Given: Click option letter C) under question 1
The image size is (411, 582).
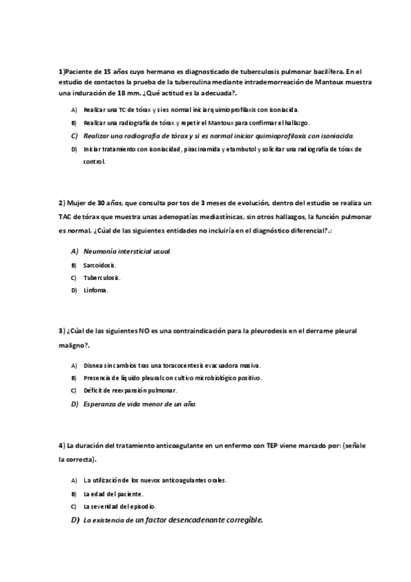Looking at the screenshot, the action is (x=74, y=136).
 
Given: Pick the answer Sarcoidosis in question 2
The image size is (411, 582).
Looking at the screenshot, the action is (x=99, y=264).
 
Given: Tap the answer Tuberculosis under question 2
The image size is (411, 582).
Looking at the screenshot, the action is (x=102, y=277).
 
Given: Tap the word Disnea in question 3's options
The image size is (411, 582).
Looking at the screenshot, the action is (x=93, y=365).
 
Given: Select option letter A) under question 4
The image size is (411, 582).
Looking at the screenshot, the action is (x=74, y=480).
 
